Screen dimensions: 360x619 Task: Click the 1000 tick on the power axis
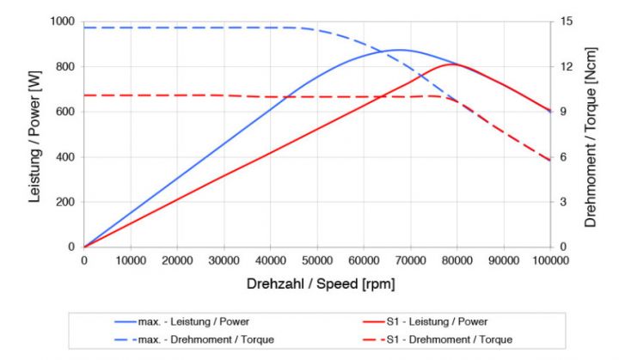[62, 21]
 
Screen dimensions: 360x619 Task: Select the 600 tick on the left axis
[65, 112]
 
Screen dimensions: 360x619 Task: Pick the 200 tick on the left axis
[65, 202]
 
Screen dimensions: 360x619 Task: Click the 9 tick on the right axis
[561, 112]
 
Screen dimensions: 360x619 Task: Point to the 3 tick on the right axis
[561, 202]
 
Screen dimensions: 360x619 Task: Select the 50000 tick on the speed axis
[317, 259]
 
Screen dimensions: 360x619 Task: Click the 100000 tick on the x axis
[550, 259]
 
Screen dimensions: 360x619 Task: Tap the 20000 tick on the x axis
[177, 259]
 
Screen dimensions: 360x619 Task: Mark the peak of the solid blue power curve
[401, 50]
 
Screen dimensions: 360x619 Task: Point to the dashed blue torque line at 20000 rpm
[177, 27]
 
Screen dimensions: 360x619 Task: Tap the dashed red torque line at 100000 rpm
[550, 161]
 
